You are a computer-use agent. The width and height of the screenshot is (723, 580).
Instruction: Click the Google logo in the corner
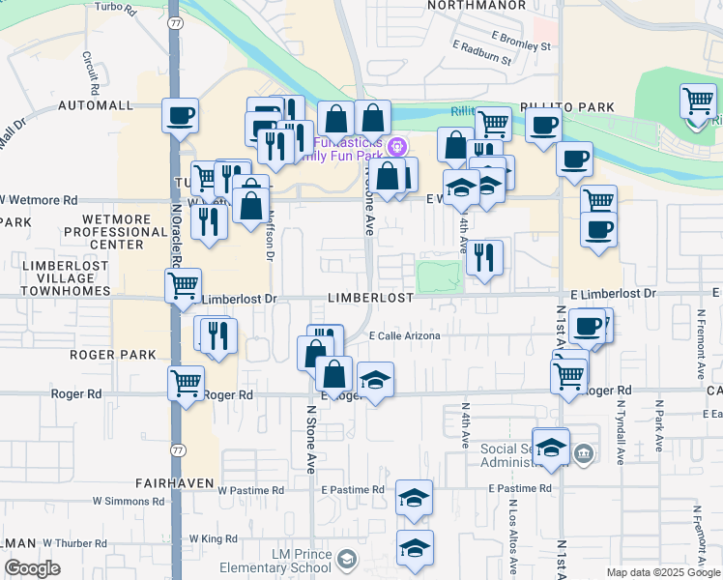33,568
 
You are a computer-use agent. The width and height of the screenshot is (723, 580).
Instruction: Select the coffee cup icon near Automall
180,116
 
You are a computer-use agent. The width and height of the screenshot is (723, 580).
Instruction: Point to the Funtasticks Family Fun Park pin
397,146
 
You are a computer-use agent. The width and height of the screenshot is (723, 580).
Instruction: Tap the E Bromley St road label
520,45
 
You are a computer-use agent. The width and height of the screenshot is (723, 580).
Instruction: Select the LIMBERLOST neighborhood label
370,299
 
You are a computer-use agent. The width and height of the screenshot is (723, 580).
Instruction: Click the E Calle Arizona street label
405,336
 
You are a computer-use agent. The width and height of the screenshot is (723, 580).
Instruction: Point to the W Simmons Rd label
129,502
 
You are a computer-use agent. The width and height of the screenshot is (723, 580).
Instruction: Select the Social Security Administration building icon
582,453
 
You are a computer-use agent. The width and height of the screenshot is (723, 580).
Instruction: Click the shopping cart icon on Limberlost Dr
183,285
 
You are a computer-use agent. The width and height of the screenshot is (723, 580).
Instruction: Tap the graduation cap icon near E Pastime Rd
414,498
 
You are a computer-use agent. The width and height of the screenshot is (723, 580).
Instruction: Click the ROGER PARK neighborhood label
113,355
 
